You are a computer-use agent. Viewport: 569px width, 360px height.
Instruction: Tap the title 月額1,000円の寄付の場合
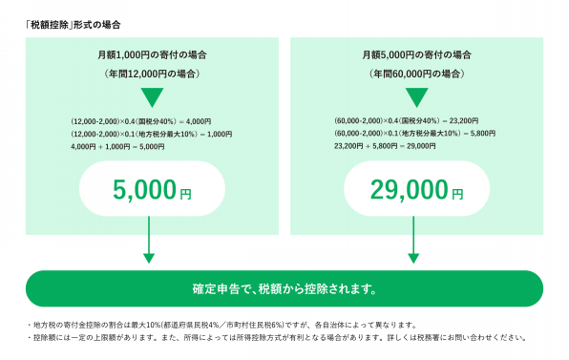(x=151, y=55)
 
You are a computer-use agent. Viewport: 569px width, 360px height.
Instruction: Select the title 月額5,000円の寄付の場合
(x=417, y=55)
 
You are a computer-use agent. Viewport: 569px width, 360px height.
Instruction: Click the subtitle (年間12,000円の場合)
(x=151, y=74)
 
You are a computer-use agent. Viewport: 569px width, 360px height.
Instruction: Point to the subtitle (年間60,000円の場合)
(x=417, y=74)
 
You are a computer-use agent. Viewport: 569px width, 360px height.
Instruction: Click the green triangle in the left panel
(x=151, y=96)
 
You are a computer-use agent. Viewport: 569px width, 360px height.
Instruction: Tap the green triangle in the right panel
(x=417, y=96)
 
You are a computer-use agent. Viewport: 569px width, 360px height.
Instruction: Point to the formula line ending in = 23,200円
(x=408, y=121)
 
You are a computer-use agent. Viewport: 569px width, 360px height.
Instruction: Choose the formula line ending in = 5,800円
(x=413, y=134)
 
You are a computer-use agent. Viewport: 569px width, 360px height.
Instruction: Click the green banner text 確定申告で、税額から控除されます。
(x=284, y=287)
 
